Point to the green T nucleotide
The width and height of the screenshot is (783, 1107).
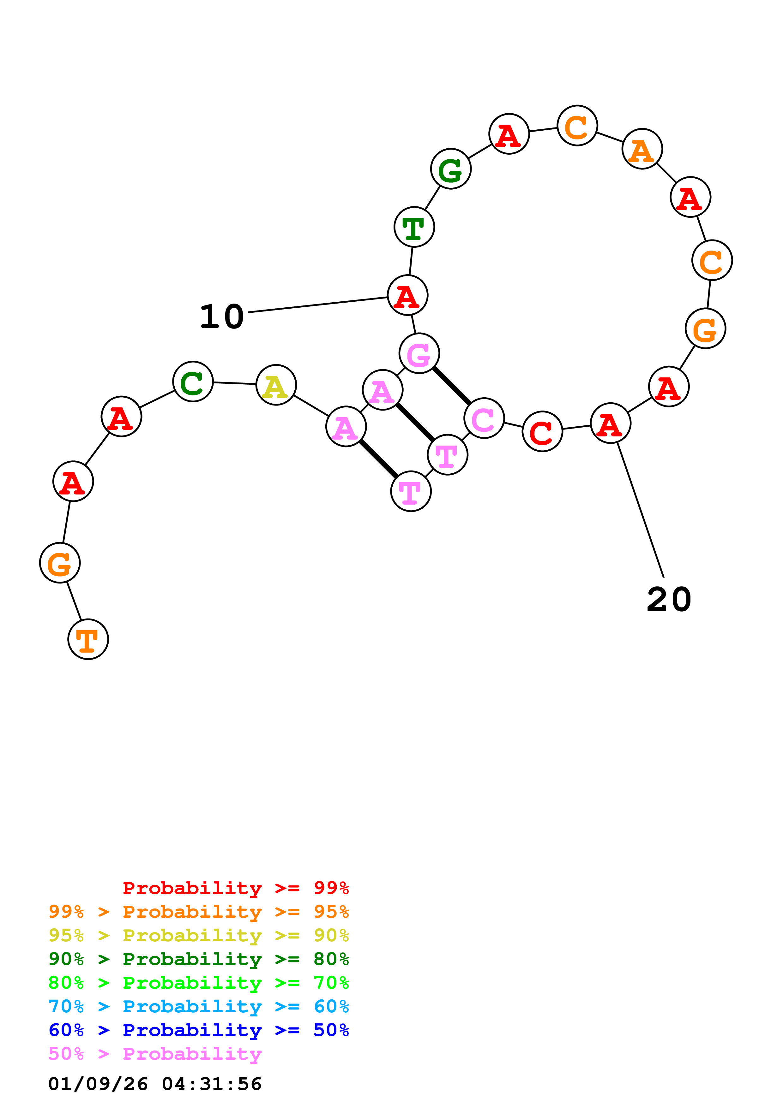tap(414, 227)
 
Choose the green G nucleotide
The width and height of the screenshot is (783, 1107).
tap(451, 169)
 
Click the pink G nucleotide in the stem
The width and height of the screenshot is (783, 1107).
tap(419, 353)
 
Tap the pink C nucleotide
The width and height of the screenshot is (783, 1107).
tap(484, 418)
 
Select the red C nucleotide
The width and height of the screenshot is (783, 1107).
tap(542, 431)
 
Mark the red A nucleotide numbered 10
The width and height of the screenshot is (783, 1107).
tap(408, 295)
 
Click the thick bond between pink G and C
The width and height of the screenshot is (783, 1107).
tap(452, 386)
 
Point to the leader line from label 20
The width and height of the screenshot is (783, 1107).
tap(641, 510)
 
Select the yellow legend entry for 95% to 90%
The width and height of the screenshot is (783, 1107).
tap(198, 935)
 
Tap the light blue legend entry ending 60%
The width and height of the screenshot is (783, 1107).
tap(198, 1006)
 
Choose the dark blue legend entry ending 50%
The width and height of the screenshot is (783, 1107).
tap(198, 1030)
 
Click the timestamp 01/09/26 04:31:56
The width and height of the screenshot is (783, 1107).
tap(155, 1084)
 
